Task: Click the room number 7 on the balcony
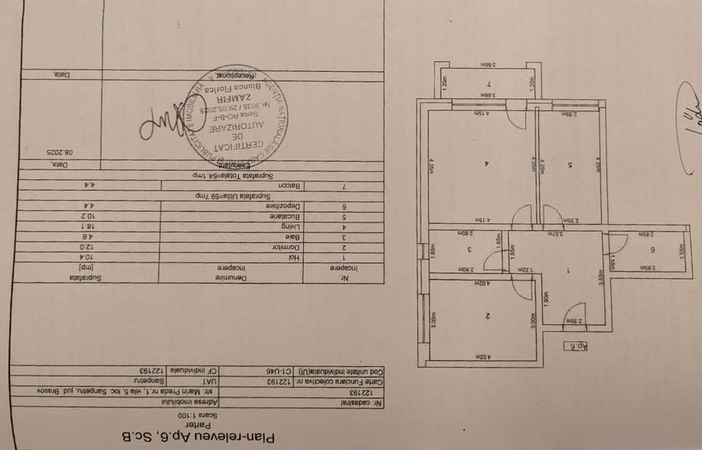coord(487,84)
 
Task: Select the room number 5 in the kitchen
coord(568,165)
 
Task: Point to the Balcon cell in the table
coord(289,185)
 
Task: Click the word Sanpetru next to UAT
coord(170,381)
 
